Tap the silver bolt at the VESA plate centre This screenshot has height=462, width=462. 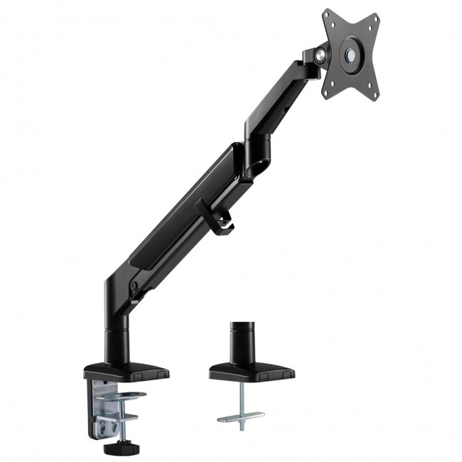pos(351,53)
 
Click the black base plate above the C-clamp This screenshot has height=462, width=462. pos(127,372)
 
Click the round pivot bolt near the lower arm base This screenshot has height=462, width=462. pos(133,286)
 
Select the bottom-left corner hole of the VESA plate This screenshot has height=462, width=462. pos(328,91)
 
